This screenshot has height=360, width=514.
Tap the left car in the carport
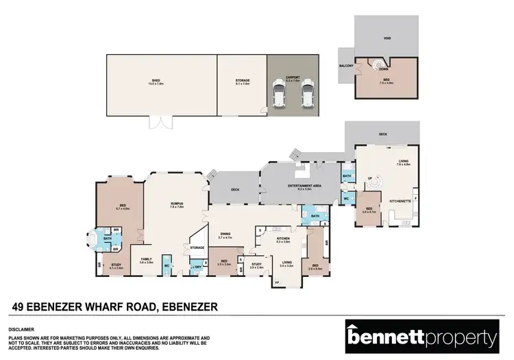pyautogui.click(x=279, y=94)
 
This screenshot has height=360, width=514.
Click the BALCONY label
pyautogui.click(x=346, y=66)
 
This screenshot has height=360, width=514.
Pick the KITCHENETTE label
pyautogui.click(x=400, y=200)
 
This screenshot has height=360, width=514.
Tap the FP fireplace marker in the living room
pyautogui.click(x=277, y=282)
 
